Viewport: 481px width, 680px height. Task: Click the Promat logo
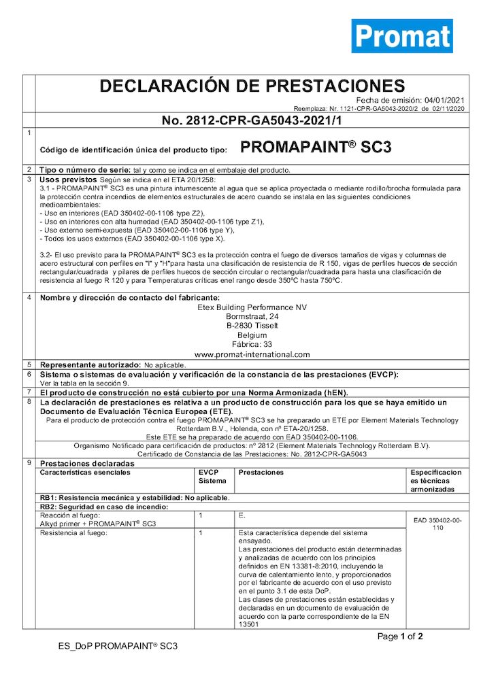coord(402,35)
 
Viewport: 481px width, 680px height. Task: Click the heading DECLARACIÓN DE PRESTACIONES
coord(252,86)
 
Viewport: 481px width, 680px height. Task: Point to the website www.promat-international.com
coord(252,354)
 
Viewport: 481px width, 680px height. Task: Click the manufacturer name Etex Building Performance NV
coord(252,307)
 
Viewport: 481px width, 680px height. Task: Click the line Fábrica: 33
coord(252,345)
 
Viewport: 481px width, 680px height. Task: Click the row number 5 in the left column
coord(29,364)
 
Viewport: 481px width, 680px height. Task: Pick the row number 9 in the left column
coord(29,463)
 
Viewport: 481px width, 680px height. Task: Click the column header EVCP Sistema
coord(212,476)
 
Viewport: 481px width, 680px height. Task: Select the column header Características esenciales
coord(83,472)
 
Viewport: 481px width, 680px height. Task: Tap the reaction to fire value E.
coord(242,516)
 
